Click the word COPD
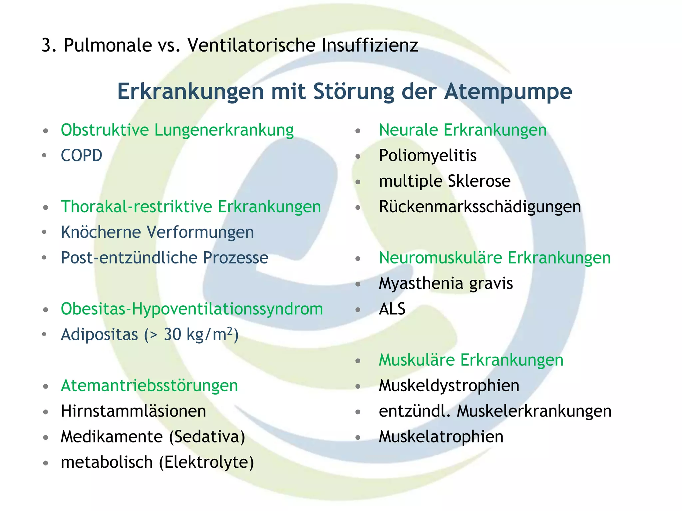point(81,156)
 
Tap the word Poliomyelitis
point(428,156)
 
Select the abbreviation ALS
point(392,309)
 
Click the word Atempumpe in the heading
point(508,91)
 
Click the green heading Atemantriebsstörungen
point(149,386)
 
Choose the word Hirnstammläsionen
point(133,411)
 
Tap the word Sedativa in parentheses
point(207,437)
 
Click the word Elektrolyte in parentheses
point(206,462)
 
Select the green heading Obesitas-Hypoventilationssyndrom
point(192,309)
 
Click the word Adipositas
point(99,335)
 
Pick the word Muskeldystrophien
point(449,386)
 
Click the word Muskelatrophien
point(441,437)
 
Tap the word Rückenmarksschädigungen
point(480,207)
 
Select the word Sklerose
point(479,181)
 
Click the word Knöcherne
point(101,232)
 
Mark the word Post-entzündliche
point(129,258)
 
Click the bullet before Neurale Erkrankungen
point(358,131)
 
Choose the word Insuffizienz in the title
point(370,45)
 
